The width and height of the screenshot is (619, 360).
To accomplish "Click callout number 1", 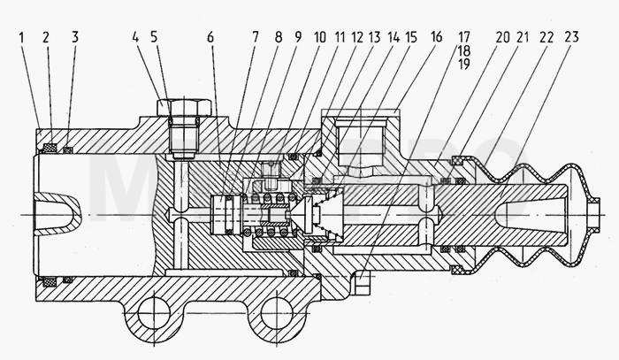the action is pyautogui.click(x=21, y=38).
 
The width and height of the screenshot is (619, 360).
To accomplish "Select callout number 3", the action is pyautogui.click(x=75, y=37).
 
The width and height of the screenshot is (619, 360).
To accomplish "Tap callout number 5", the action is pyautogui.click(x=154, y=37).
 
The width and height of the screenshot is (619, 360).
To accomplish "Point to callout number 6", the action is pyautogui.click(x=210, y=37).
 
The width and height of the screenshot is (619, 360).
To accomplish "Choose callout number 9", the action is pyautogui.click(x=298, y=37).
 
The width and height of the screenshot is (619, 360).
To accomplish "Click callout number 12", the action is pyautogui.click(x=357, y=37).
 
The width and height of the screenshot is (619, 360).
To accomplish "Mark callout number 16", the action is pyautogui.click(x=436, y=37).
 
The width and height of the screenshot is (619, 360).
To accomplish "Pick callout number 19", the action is pyautogui.click(x=464, y=64).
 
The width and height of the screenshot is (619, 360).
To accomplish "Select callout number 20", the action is pyautogui.click(x=502, y=37).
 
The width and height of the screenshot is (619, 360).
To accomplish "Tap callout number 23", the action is pyautogui.click(x=571, y=37).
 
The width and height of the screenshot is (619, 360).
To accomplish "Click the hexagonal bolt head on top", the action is pyautogui.click(x=184, y=107).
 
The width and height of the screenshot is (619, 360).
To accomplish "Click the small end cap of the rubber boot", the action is pyautogui.click(x=594, y=214).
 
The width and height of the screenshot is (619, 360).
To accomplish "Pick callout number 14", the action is pyautogui.click(x=394, y=37).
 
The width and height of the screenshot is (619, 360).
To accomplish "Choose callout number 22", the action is pyautogui.click(x=546, y=37).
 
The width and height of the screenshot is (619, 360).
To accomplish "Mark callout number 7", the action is pyautogui.click(x=256, y=37).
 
